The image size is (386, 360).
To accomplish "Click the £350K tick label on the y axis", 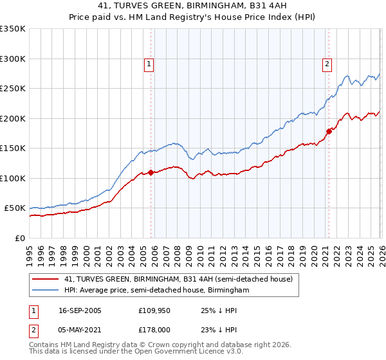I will coord(12,29).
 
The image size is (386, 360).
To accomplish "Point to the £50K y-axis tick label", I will coord(15,208).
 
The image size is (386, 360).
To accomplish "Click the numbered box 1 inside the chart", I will coord(149,64).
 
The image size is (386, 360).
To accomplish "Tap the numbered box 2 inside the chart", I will coord(327,64).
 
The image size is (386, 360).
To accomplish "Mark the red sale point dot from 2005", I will coord(151,172).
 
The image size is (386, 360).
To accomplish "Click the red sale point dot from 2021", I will coord(328,131).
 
